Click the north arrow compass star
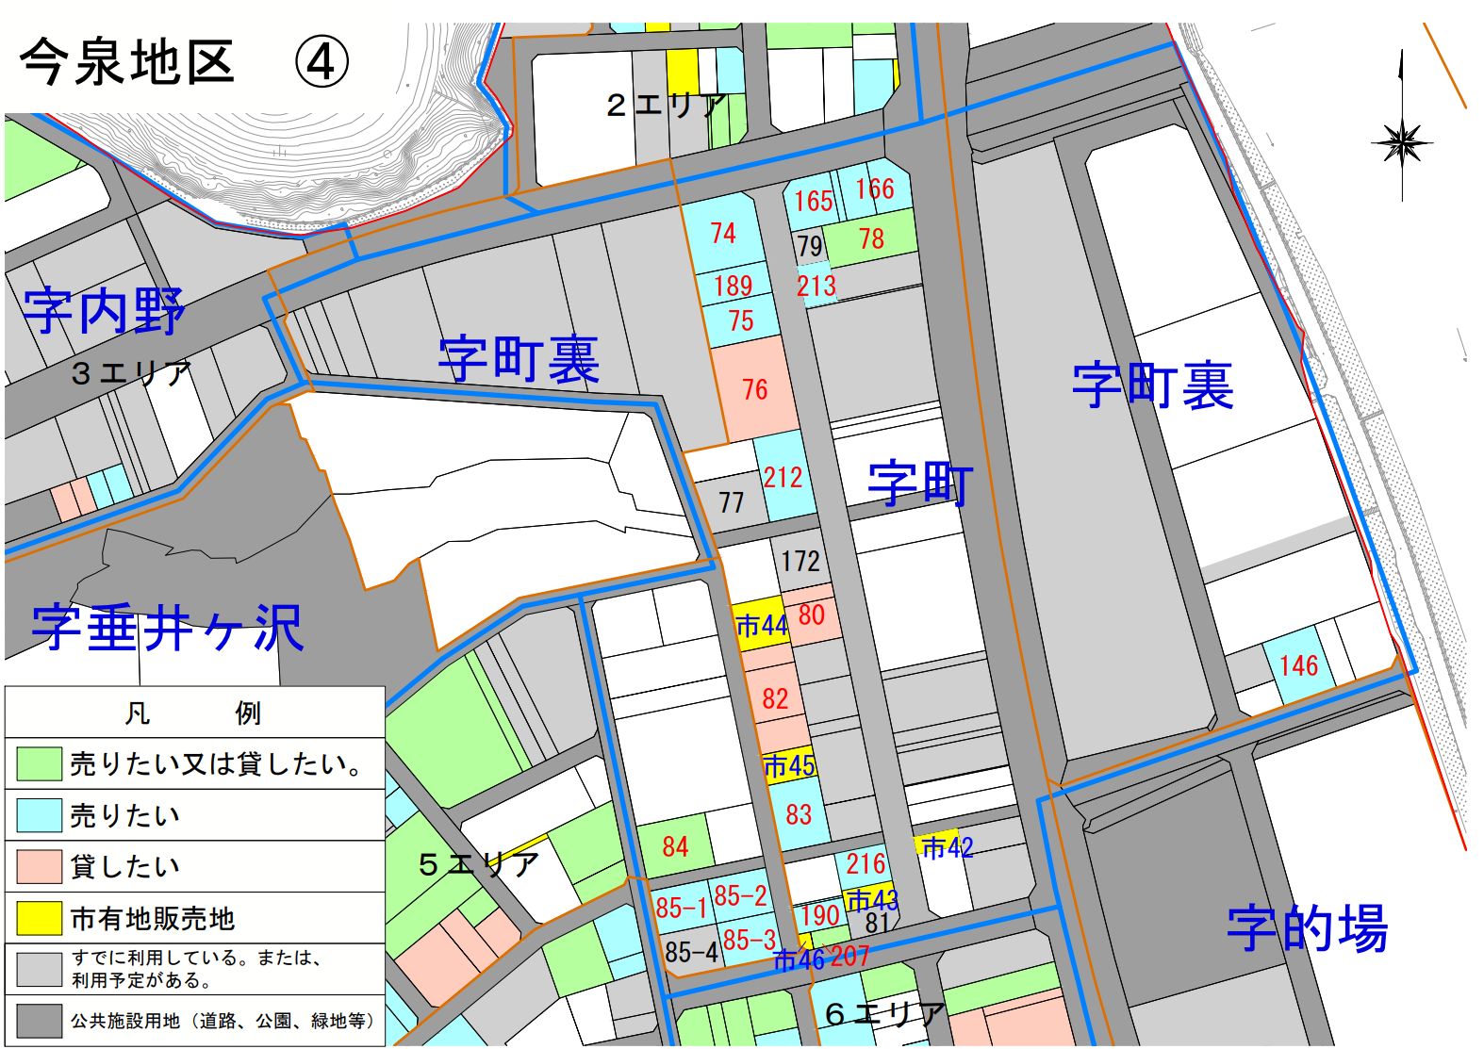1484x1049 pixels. (1402, 144)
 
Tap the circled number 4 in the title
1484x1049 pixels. (322, 63)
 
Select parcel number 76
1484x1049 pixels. (754, 389)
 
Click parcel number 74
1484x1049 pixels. (723, 233)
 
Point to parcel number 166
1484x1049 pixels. (875, 188)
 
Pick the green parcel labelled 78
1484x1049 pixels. (872, 238)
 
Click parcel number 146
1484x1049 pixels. (1298, 666)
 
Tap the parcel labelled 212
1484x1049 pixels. (783, 477)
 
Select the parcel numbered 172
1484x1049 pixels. (800, 561)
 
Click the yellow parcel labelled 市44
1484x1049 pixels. (761, 625)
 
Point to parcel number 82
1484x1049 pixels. (775, 698)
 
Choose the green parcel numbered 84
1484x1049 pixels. (675, 846)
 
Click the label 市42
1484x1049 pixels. (947, 847)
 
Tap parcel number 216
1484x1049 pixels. (865, 863)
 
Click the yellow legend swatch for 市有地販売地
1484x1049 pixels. (40, 917)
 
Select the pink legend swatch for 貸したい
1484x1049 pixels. (40, 866)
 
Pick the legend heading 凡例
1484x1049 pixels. (193, 713)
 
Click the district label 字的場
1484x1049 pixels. (1307, 928)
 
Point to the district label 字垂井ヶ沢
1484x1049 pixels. (168, 629)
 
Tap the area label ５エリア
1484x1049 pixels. (478, 864)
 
